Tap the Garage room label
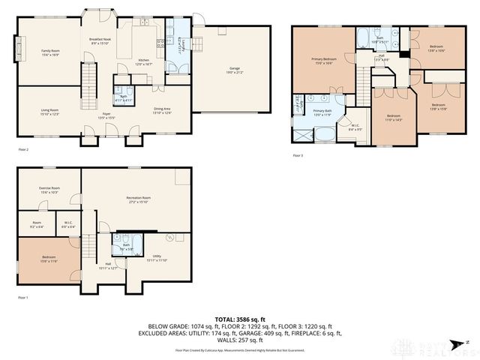pyautogui.click(x=234, y=69)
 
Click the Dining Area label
pyautogui.click(x=163, y=110)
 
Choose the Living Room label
pyautogui.click(x=49, y=112)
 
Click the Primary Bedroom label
pyautogui.click(x=323, y=59)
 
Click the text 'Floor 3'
pyautogui.click(x=298, y=156)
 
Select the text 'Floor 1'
pyautogui.click(x=22, y=298)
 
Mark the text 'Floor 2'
pyautogui.click(x=22, y=150)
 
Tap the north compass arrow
pyautogui.click(x=468, y=342)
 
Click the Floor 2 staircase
pyautogui.click(x=90, y=77)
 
